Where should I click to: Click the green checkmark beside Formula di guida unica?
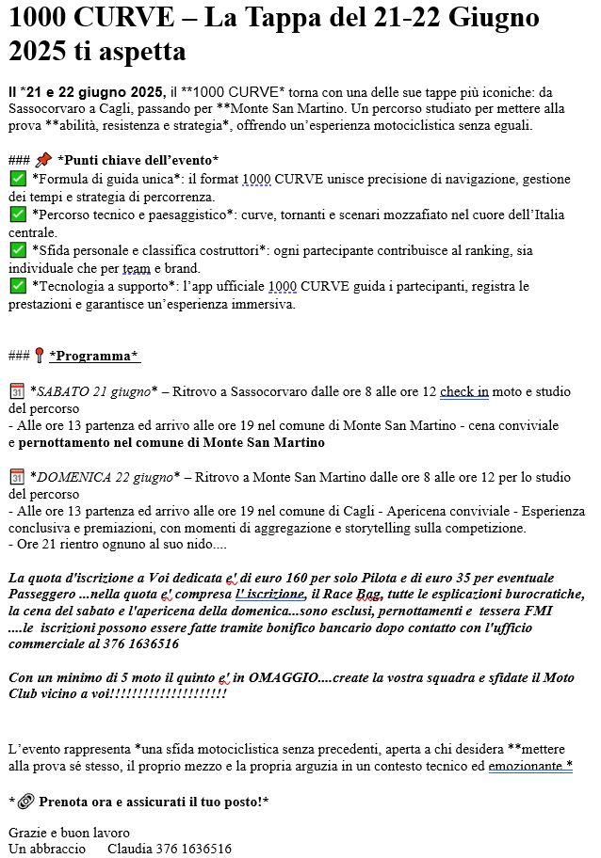click(17, 179)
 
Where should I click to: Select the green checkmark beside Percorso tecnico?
click(17, 214)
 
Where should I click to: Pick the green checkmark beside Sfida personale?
click(17, 250)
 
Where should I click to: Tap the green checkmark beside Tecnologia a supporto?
click(17, 286)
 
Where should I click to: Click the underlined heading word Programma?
click(93, 356)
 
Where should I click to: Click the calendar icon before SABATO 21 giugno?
click(17, 391)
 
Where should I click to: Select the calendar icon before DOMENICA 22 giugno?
click(17, 477)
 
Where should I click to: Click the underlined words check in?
click(463, 391)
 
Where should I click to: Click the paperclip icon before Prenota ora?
click(25, 802)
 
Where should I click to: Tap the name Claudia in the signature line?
click(131, 849)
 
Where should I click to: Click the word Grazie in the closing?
click(27, 833)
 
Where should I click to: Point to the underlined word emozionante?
click(529, 766)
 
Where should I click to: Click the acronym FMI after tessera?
click(539, 612)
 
